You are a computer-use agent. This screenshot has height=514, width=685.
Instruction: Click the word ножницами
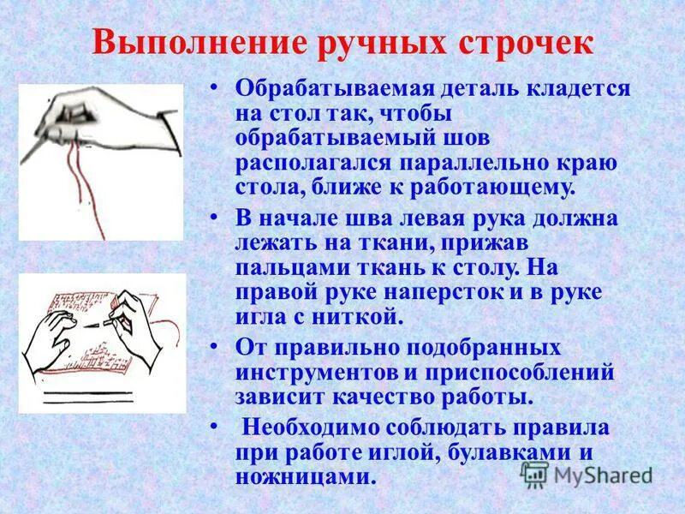[x=305, y=476]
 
